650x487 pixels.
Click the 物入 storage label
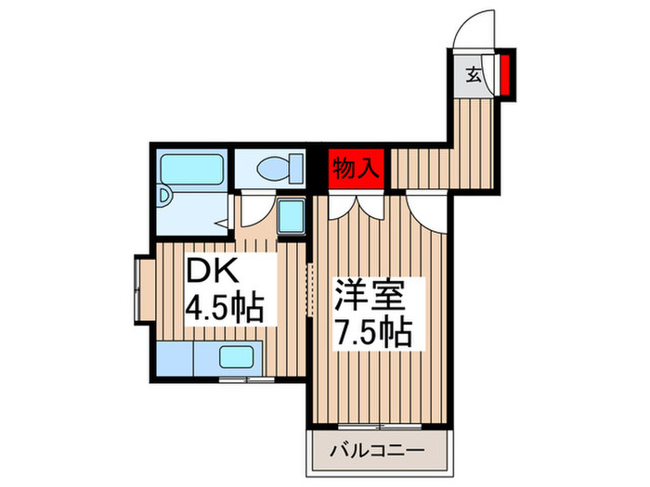(x=357, y=169)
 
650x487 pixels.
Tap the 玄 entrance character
(x=473, y=74)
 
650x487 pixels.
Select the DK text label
(x=215, y=273)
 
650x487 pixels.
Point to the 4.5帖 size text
(x=226, y=307)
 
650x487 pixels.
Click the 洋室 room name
(x=371, y=298)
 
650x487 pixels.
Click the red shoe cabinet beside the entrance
(x=504, y=75)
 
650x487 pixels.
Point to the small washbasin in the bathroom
(x=164, y=197)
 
